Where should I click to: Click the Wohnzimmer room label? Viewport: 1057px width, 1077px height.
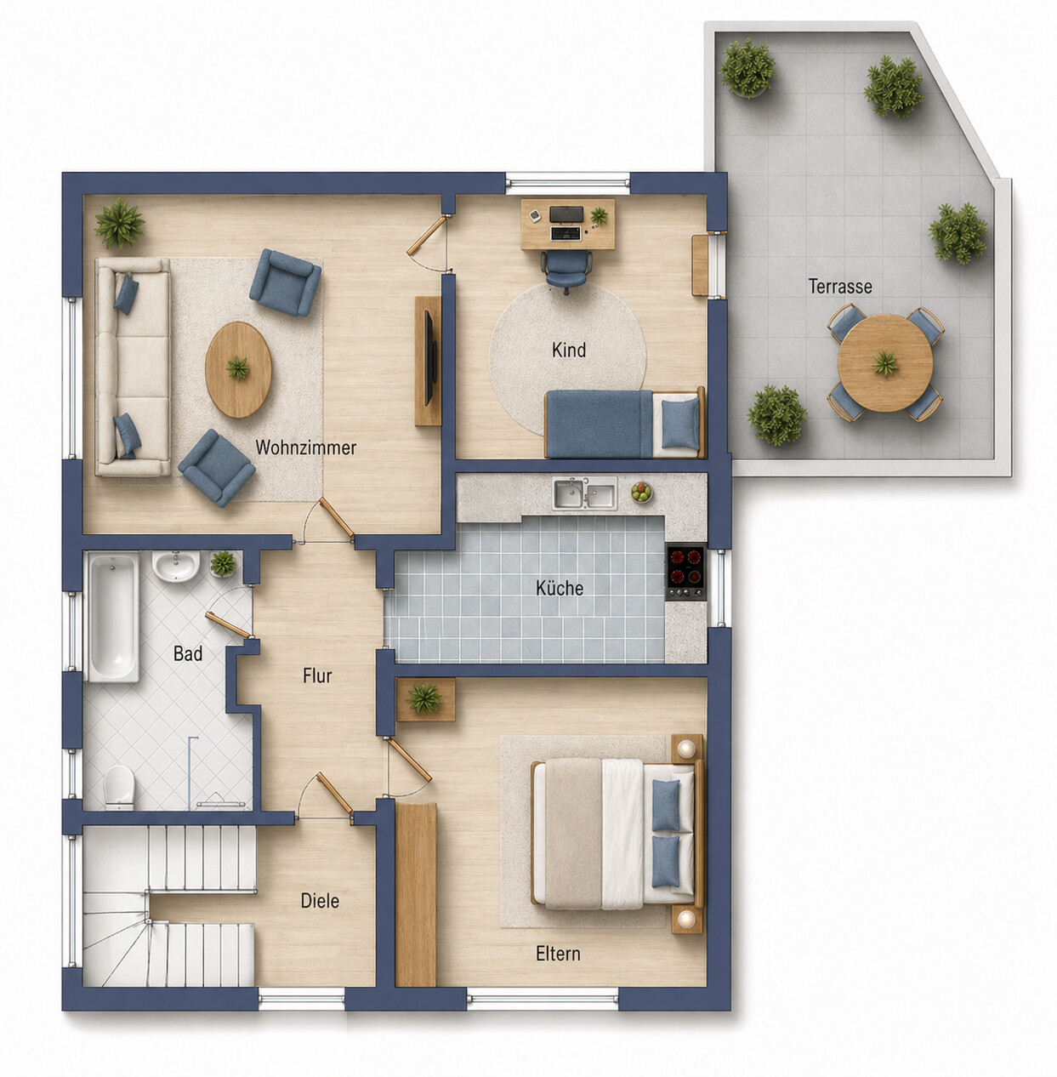(305, 447)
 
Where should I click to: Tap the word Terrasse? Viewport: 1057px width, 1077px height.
(840, 287)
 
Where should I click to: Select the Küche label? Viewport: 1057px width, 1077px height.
(560, 588)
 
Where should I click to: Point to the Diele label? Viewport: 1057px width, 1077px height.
(320, 900)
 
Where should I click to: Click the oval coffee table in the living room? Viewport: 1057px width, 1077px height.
(239, 369)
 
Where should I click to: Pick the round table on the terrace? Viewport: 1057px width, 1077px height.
(885, 363)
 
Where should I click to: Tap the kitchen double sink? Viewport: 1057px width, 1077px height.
(585, 493)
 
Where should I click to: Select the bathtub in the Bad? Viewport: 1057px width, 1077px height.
(112, 617)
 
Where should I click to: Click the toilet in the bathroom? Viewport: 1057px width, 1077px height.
(119, 787)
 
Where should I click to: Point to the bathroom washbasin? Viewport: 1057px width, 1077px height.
(176, 567)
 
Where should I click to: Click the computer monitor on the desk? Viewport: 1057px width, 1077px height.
(566, 214)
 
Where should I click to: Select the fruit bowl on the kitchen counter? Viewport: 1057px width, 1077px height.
(641, 493)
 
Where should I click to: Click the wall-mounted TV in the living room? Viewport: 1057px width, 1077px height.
(429, 357)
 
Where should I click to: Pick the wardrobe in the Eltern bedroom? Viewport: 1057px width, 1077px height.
(416, 895)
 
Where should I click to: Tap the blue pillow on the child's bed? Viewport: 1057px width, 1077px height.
(680, 423)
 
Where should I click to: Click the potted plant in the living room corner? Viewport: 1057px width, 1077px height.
(120, 223)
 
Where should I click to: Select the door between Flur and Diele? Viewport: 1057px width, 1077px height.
(334, 793)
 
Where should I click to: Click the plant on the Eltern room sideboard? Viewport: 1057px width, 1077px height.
(424, 698)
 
